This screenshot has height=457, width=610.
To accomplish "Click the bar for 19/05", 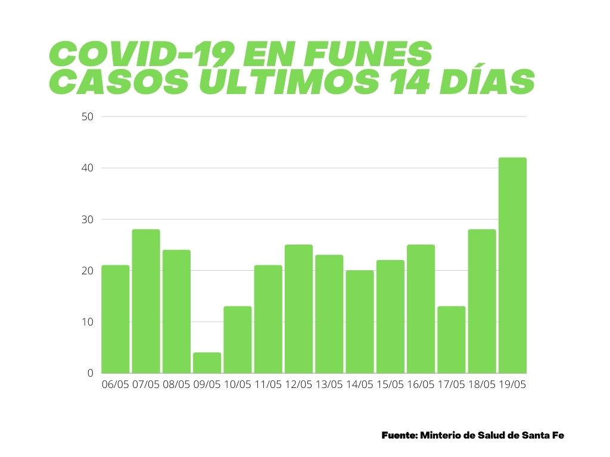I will pyautogui.click(x=512, y=265).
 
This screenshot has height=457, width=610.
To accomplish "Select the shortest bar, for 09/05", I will pyautogui.click(x=207, y=363).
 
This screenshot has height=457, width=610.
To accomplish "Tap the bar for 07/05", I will pyautogui.click(x=146, y=301).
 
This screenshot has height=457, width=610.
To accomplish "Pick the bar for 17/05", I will pyautogui.click(x=451, y=340).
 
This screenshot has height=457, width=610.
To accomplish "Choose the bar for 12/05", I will pyautogui.click(x=298, y=309).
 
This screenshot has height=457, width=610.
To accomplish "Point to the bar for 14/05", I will pyautogui.click(x=360, y=322).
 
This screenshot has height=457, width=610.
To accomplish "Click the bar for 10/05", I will pyautogui.click(x=237, y=340).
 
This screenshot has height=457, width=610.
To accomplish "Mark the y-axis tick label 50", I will pyautogui.click(x=88, y=117).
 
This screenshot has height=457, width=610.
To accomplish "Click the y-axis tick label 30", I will pyautogui.click(x=88, y=220).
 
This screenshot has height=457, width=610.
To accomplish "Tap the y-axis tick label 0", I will pyautogui.click(x=91, y=373).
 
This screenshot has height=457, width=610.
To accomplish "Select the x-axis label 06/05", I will pyautogui.click(x=116, y=385).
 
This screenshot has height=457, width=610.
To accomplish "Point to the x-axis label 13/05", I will pyautogui.click(x=329, y=385).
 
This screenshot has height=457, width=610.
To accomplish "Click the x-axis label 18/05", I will pyautogui.click(x=481, y=385).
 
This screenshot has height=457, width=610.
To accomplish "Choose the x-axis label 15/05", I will pyautogui.click(x=390, y=385).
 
